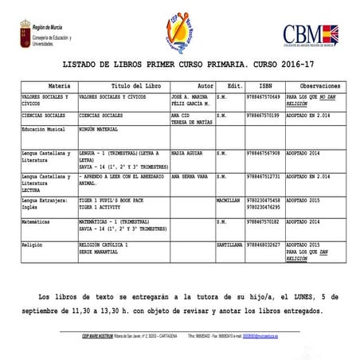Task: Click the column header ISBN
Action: tap(265, 84)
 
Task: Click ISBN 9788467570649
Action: tap(264, 96)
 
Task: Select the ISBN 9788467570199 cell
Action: tap(264, 115)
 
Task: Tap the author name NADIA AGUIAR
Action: tap(188, 152)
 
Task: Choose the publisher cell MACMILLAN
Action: tap(228, 200)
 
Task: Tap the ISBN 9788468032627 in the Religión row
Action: tap(264, 245)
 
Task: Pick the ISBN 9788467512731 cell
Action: tap(264, 176)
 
